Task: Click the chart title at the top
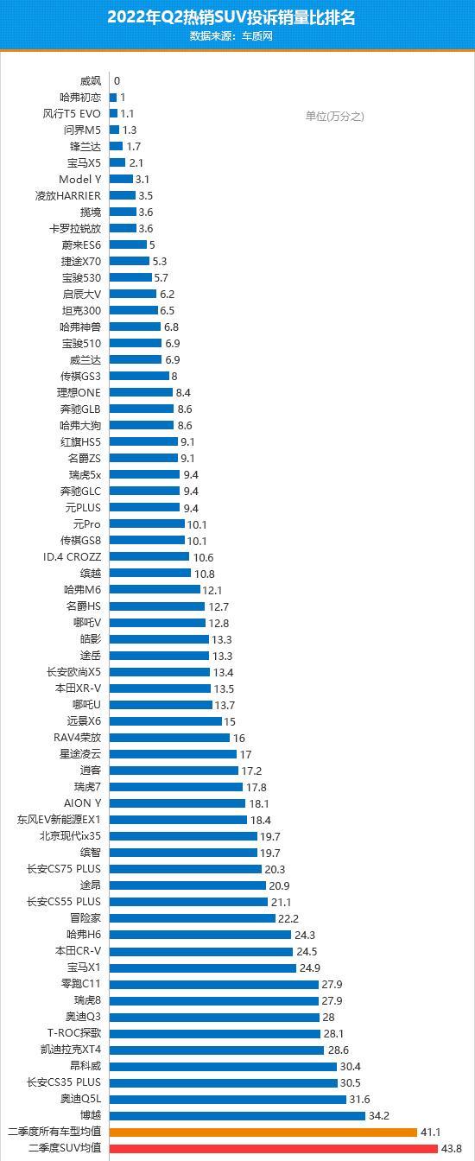point(231,17)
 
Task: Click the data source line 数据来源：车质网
point(231,36)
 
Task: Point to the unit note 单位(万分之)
point(334,116)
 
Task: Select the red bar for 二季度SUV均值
point(274,1148)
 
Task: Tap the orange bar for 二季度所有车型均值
point(263,1132)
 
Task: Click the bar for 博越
point(237,1115)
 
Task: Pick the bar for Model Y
point(121,179)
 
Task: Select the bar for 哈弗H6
point(200,935)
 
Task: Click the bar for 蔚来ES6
point(128,244)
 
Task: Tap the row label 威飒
point(90,81)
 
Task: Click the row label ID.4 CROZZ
point(72,556)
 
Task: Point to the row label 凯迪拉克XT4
point(71,1050)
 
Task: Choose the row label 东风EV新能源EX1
point(59,820)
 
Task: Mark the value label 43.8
point(451,1149)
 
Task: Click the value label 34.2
point(378,1116)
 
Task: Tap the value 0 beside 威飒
point(117,81)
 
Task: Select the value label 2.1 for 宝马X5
point(136,162)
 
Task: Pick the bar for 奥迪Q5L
point(227,1099)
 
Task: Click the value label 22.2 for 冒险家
point(288,918)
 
